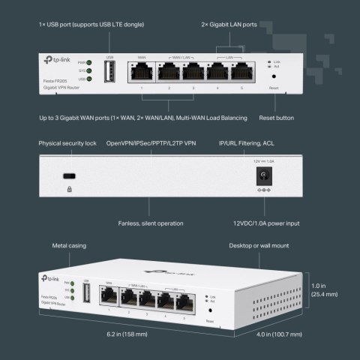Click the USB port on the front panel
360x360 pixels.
110,73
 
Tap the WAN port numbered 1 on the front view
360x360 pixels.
141,73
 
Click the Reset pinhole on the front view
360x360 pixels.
273,76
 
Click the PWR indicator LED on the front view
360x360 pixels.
90,62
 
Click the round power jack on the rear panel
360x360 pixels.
264,175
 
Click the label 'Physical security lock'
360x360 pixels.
67,142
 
